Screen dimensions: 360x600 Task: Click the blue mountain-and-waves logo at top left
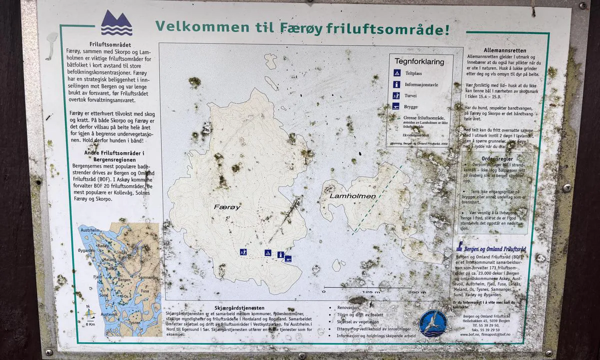pos(116,23)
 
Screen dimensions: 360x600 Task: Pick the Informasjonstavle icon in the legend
pos(396,84)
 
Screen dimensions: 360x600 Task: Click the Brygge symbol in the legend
pos(396,106)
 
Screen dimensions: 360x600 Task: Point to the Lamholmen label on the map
pos(352,196)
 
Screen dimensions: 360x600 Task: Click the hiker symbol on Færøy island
pos(243,252)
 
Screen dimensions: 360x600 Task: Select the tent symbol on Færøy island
pos(268,253)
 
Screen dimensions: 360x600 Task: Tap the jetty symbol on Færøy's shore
pos(288,258)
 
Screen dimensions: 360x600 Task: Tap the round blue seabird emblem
pos(433,323)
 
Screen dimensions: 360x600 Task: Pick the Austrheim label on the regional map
pos(90,230)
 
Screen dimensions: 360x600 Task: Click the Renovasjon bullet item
pos(348,308)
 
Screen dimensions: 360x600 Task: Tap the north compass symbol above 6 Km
pos(89,314)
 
